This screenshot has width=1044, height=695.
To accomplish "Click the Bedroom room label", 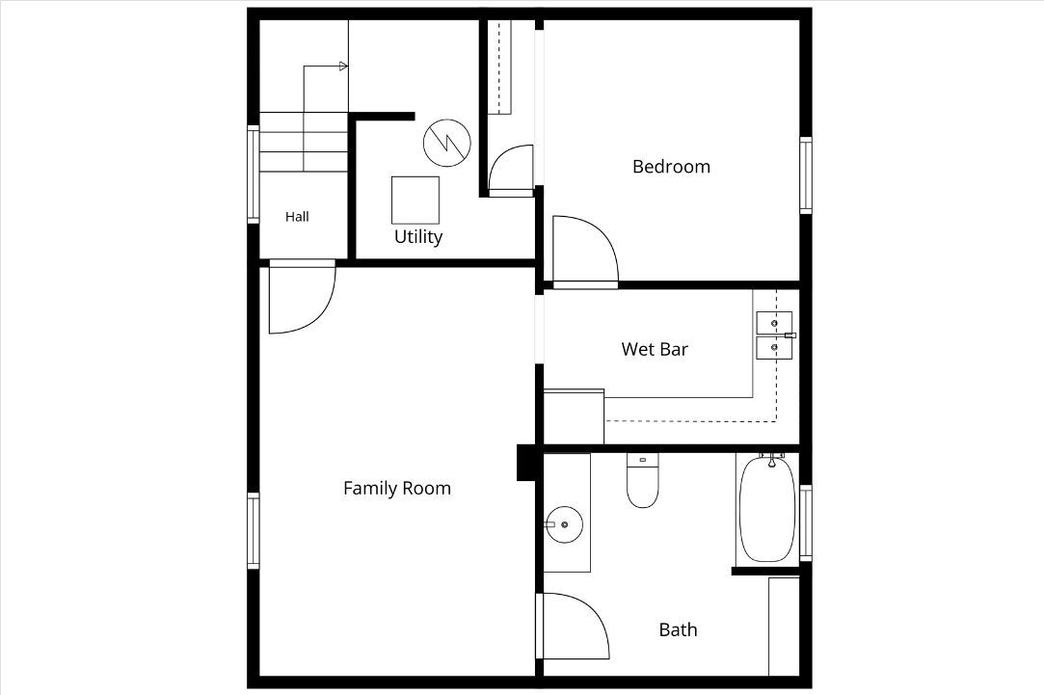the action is pyautogui.click(x=671, y=167).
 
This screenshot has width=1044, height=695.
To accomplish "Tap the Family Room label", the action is pyautogui.click(x=397, y=489).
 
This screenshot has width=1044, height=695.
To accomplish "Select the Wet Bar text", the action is pyautogui.click(x=655, y=350).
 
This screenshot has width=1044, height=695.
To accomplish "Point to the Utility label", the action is pyautogui.click(x=418, y=237).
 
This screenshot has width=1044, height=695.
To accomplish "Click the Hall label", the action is pyautogui.click(x=297, y=216).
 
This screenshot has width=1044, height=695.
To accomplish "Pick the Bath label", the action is pyautogui.click(x=678, y=629).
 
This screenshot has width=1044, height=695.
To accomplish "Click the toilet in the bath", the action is pyautogui.click(x=643, y=480).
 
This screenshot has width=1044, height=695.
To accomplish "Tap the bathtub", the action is pyautogui.click(x=767, y=509).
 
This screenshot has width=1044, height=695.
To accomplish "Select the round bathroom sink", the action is pyautogui.click(x=565, y=524).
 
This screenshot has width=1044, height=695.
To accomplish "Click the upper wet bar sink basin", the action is pyautogui.click(x=774, y=322).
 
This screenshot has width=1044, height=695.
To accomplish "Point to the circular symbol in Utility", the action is pyautogui.click(x=447, y=143).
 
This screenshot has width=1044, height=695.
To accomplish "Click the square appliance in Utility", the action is pyautogui.click(x=415, y=200).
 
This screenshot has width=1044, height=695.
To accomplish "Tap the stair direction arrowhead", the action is pyautogui.click(x=343, y=66).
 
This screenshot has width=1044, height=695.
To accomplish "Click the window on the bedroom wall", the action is pyautogui.click(x=806, y=175).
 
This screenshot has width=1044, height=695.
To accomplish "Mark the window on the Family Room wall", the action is pyautogui.click(x=253, y=530).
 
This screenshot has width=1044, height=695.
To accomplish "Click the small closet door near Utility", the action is pyautogui.click(x=511, y=170).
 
